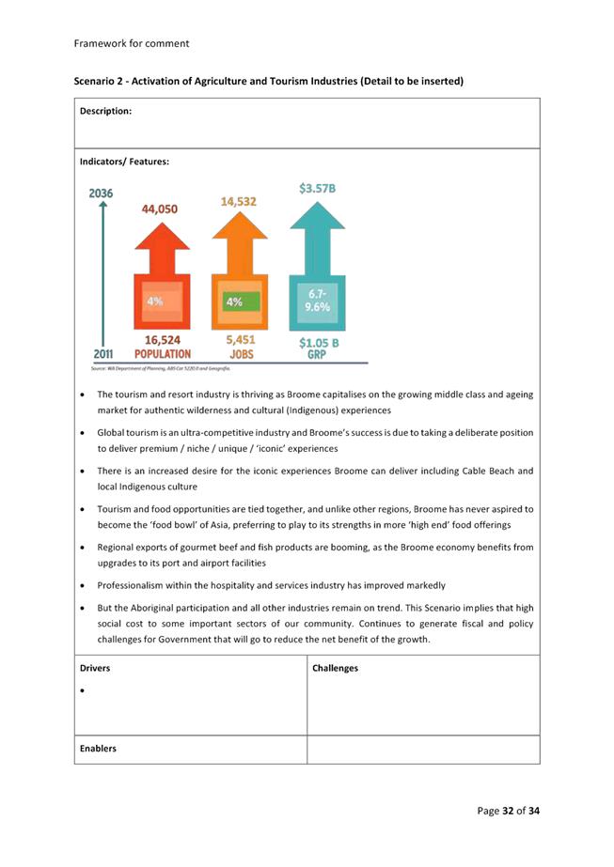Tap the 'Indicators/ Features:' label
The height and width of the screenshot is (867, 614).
[124, 163]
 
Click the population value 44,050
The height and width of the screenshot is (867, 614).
[165, 209]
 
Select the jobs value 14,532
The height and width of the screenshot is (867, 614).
[238, 201]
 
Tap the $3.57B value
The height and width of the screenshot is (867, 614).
[317, 189]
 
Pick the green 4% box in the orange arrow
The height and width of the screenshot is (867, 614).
[235, 302]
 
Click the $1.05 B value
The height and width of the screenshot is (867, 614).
[319, 343]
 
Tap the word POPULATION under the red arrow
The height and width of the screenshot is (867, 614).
[163, 354]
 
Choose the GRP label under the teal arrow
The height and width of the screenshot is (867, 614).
[317, 356]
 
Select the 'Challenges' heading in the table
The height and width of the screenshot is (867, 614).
[336, 668]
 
